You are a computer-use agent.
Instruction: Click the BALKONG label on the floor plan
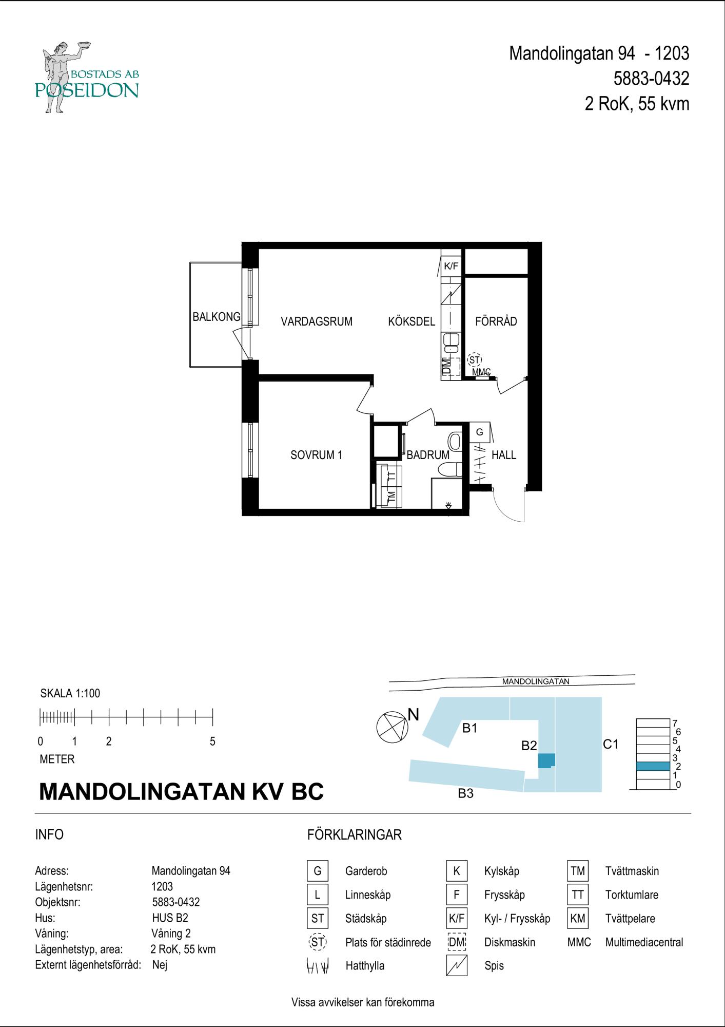(216, 317)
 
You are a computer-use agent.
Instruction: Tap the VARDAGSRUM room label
(317, 321)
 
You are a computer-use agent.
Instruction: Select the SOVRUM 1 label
(316, 455)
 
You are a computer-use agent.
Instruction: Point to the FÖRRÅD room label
(496, 321)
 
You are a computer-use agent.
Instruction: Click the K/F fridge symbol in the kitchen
(451, 265)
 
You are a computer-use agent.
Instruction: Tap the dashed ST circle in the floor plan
(475, 360)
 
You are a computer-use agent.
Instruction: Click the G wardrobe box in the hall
(480, 432)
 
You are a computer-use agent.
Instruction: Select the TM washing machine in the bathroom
(391, 497)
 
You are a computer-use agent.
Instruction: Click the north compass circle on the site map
(392, 728)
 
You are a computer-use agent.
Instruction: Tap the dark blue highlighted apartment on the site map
(546, 760)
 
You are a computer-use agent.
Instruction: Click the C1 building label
(611, 744)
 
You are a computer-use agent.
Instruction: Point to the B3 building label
(465, 793)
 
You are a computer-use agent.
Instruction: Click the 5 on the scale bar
(212, 741)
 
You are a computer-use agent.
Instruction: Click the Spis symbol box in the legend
(457, 965)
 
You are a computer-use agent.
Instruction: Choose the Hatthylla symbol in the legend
(318, 966)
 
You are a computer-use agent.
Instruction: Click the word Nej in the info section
(160, 965)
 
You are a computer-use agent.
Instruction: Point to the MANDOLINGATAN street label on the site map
(536, 682)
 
